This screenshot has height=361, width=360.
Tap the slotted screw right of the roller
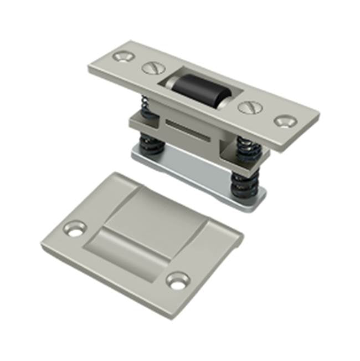tap(247, 107)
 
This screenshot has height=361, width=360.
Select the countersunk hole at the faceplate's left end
tap(121, 56)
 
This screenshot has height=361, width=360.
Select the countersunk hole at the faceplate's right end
tap(285, 121)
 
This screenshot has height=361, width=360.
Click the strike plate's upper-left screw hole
tap(75, 228)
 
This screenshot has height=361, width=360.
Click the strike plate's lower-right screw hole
tap(178, 281)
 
